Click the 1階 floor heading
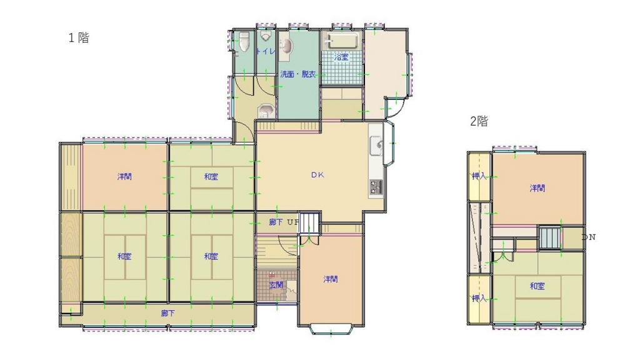point(79,38)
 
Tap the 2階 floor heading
point(479,122)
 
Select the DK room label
point(318,176)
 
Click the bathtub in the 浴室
point(340,42)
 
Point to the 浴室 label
point(341,57)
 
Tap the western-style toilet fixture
point(244,42)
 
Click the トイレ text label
point(266,52)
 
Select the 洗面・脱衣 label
point(297,74)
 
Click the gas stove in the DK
point(376,186)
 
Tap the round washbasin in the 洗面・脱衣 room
point(285,47)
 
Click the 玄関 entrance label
point(276,285)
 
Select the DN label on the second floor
point(588,237)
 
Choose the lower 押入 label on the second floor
point(479,299)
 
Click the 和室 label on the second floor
point(537,286)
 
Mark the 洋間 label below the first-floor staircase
point(331,279)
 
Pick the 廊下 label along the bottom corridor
point(167,313)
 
